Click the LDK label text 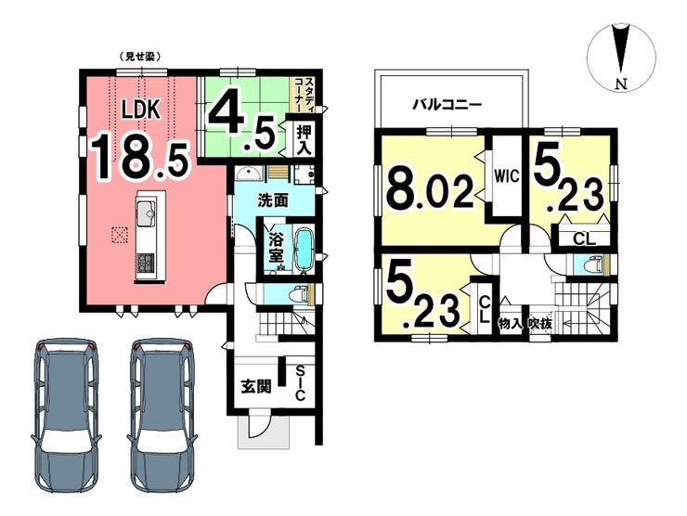[140, 111]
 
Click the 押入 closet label [305, 139]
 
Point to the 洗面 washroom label [273, 200]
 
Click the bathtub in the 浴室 [305, 250]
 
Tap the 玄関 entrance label [256, 386]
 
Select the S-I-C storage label [299, 383]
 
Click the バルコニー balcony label [447, 105]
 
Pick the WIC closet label [507, 176]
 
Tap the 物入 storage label [511, 325]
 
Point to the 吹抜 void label [539, 325]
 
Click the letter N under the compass [621, 84]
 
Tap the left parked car [67, 414]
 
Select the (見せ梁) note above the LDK [138, 57]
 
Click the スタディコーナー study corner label [303, 94]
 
